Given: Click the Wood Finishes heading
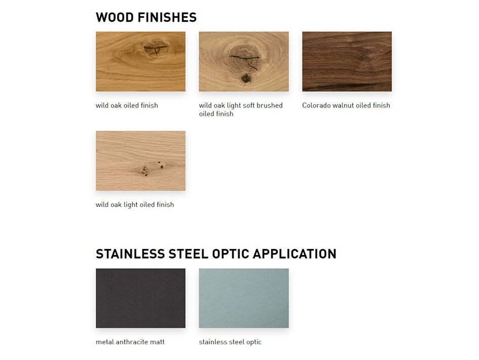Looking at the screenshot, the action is click(146, 17).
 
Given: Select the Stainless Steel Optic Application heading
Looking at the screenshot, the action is click(216, 254).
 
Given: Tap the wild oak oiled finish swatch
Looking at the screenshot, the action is click(140, 61).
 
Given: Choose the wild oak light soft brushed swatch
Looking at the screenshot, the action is click(244, 61).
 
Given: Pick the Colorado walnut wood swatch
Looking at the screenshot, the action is click(347, 61).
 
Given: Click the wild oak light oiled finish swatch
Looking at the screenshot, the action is click(140, 161).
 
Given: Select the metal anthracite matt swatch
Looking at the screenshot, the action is click(140, 298).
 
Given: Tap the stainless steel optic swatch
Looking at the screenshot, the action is click(244, 298).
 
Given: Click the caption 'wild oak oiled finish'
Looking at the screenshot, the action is click(127, 105).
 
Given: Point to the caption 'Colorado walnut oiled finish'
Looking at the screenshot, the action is click(346, 105).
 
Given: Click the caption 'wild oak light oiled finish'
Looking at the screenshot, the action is click(135, 205).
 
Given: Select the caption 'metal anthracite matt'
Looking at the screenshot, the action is click(130, 342).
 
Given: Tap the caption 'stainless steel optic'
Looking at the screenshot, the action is click(230, 342).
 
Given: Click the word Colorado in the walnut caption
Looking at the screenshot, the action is click(316, 105).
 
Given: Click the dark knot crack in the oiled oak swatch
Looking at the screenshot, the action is click(156, 48).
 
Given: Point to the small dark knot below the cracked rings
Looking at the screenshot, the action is click(246, 79).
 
